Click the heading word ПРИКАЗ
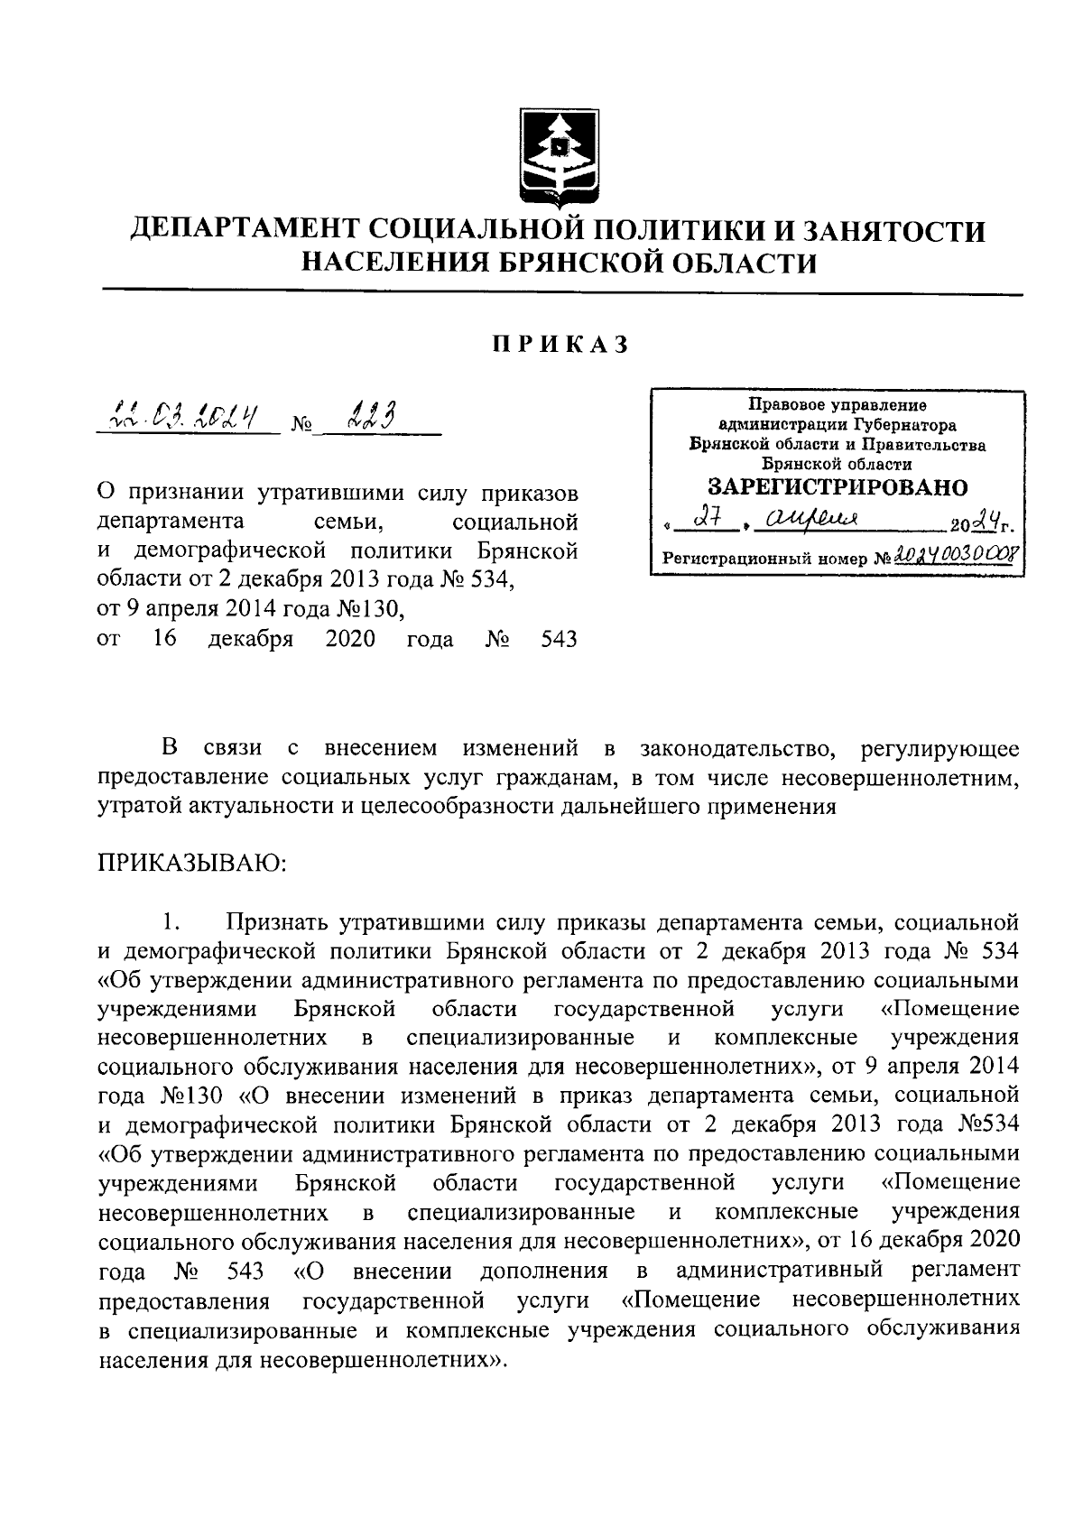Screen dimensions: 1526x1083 [x=560, y=345]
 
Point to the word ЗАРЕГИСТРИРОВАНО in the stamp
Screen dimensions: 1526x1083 [x=838, y=488]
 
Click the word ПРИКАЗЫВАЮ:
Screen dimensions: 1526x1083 [x=192, y=863]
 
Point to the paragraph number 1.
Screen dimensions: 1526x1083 [x=172, y=922]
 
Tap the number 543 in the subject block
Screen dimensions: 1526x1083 [x=558, y=640]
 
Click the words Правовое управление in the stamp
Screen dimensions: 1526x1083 [x=838, y=405]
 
